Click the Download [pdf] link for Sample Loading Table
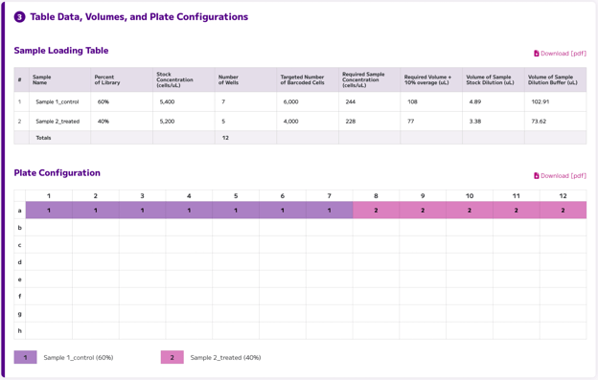[x=560, y=54]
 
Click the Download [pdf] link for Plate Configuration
[x=560, y=175]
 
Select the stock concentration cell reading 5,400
[x=167, y=101]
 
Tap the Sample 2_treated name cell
[x=57, y=121]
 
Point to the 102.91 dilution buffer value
[x=540, y=101]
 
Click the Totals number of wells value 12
[x=225, y=138]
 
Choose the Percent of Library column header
[x=107, y=79]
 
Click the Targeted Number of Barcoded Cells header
[x=303, y=79]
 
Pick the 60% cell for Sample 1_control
[x=103, y=101]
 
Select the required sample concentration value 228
[x=351, y=121]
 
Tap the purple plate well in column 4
[x=189, y=211]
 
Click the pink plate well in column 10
[x=470, y=211]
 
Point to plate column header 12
[x=563, y=195]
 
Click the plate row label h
[x=20, y=331]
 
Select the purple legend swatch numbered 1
[x=26, y=357]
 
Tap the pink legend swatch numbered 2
[x=172, y=357]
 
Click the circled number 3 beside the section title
[x=19, y=17]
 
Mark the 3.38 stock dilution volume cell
[x=475, y=121]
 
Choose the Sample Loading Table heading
[x=61, y=51]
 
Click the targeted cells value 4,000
[x=290, y=121]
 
